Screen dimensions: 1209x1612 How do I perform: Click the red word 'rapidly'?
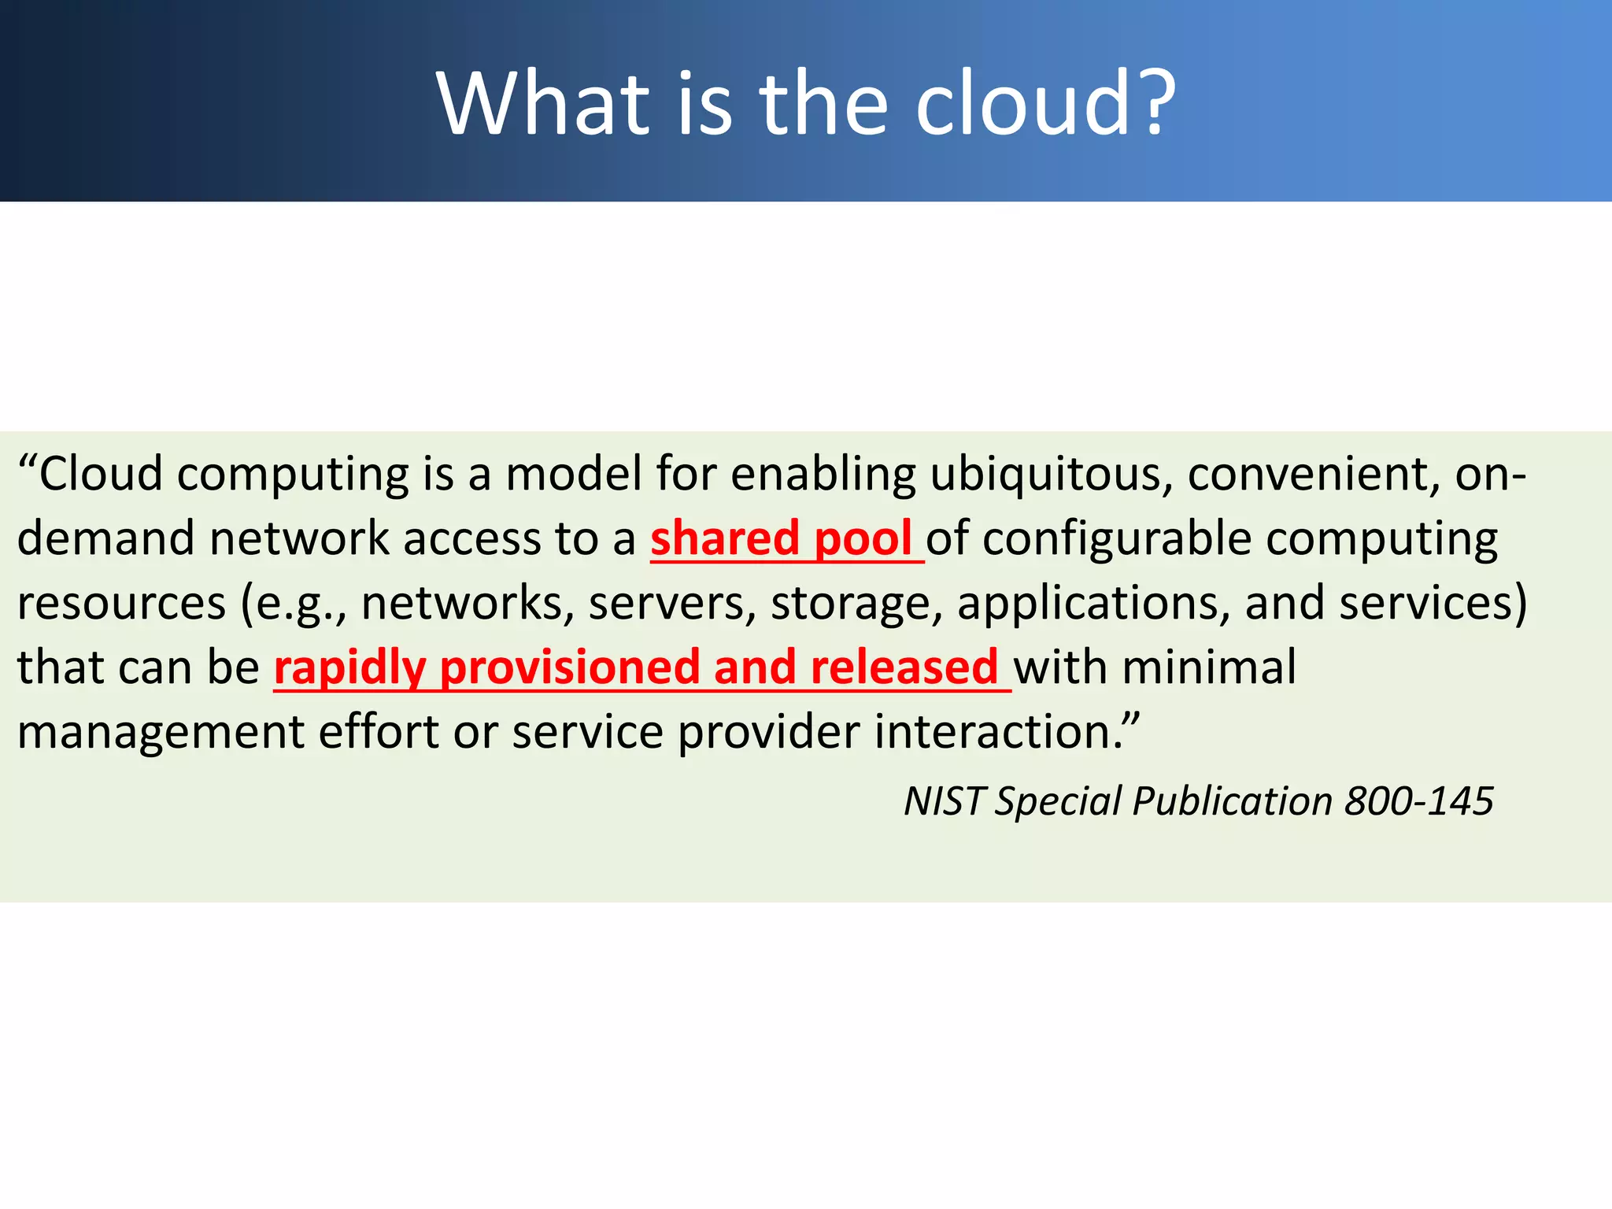(350, 668)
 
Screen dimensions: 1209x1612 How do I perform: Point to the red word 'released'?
(904, 668)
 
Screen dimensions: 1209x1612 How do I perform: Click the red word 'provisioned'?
(569, 668)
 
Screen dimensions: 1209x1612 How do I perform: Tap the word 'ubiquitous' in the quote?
(1051, 475)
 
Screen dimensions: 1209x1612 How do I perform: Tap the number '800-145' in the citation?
(1418, 801)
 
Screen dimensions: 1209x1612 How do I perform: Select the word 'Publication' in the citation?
(1232, 801)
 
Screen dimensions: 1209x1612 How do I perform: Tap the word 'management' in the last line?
(161, 732)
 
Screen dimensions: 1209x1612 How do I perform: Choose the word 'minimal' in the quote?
(1209, 668)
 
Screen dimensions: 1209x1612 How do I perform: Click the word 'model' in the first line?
(574, 475)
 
